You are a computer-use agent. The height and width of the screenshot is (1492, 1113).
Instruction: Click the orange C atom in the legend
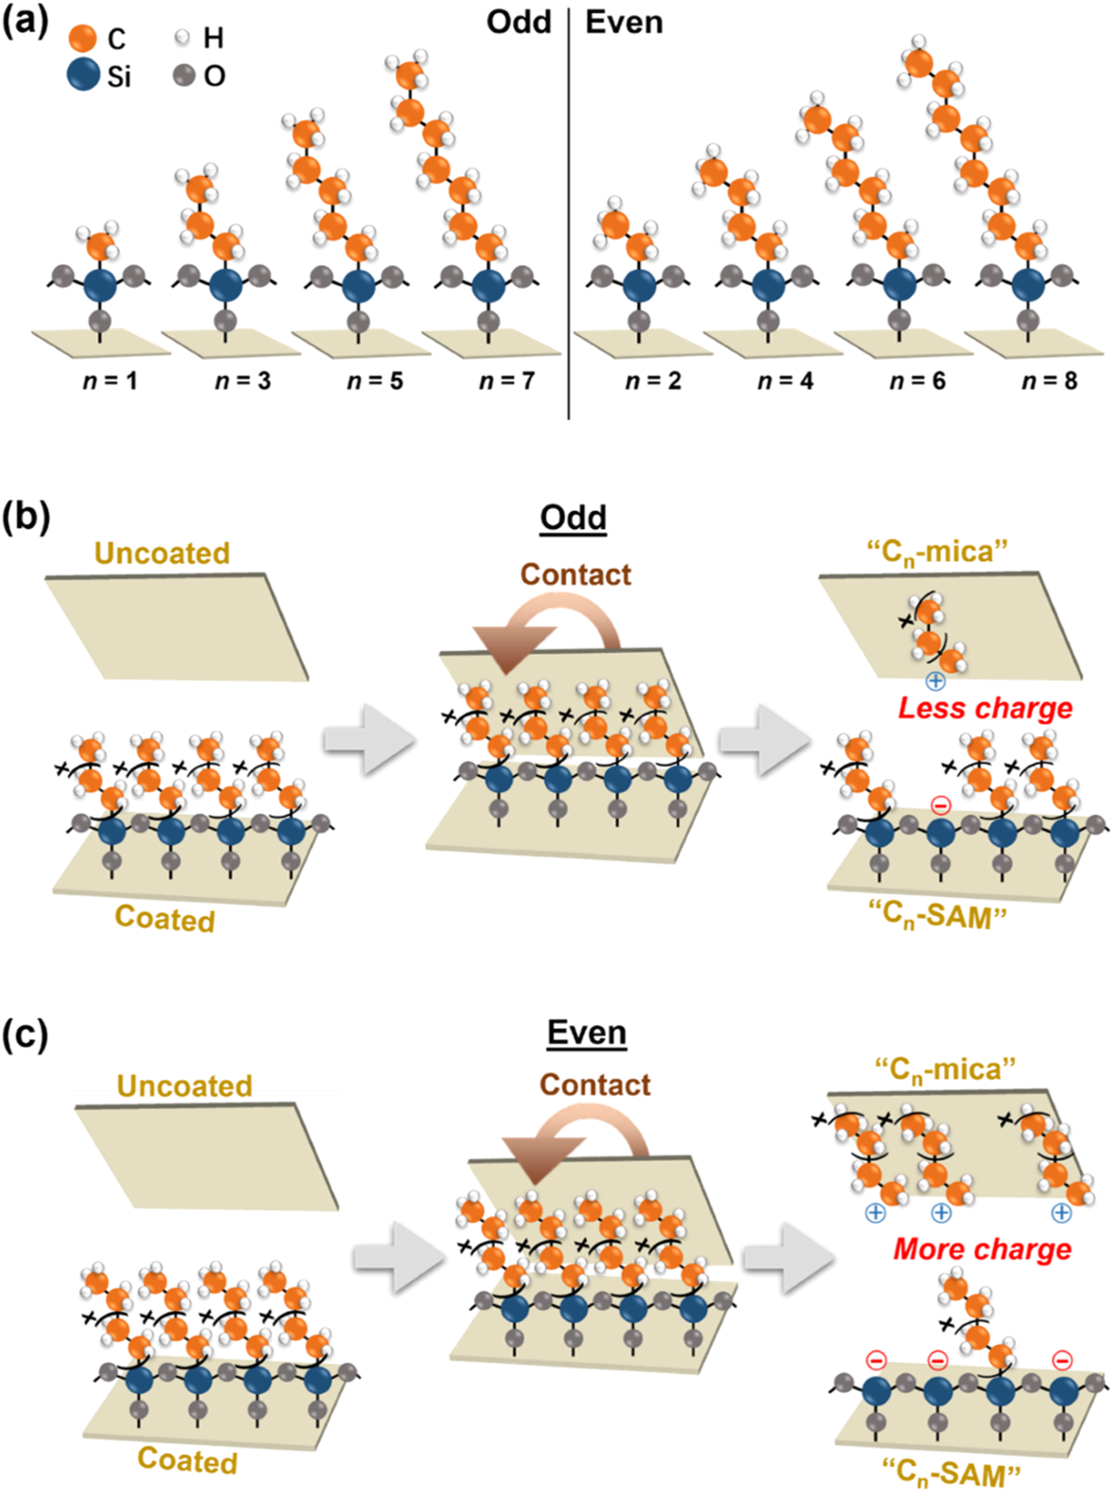(x=83, y=38)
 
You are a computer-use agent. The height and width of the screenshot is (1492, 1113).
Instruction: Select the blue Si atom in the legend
(x=83, y=75)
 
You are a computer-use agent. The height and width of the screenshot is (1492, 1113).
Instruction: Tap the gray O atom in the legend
(x=183, y=75)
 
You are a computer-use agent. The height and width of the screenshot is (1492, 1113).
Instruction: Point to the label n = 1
(x=110, y=380)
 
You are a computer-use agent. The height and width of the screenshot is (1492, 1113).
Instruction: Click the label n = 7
(x=506, y=380)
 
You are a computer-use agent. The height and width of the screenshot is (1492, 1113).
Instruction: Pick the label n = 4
(x=785, y=380)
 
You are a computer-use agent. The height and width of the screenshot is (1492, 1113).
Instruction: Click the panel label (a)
(x=25, y=21)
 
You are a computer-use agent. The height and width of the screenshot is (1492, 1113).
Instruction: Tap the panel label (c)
(x=25, y=1035)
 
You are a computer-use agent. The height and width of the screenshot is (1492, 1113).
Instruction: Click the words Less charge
(x=985, y=709)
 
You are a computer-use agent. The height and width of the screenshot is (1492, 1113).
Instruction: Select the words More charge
(x=982, y=1249)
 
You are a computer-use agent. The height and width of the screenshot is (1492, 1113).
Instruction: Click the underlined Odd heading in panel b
(x=573, y=518)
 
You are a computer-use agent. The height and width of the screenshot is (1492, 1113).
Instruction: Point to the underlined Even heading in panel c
(x=587, y=1033)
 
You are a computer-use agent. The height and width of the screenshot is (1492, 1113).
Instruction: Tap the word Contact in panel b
(x=575, y=575)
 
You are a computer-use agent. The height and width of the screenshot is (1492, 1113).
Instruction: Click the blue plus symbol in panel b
(x=935, y=681)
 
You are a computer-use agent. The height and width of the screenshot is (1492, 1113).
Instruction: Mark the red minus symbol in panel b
(x=940, y=804)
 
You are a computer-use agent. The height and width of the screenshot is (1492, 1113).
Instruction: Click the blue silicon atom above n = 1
(x=100, y=285)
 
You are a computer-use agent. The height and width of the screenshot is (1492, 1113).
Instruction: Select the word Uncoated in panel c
(x=185, y=1086)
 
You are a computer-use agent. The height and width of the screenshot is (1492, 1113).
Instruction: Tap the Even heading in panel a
(x=623, y=21)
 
